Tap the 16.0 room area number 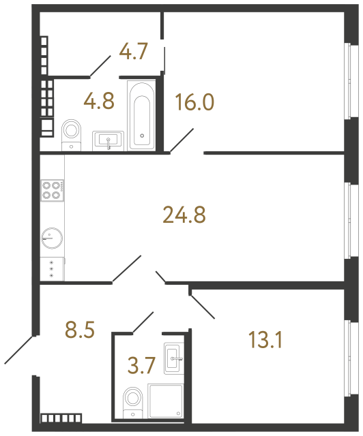coord(194,103)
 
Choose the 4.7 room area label coord(133,52)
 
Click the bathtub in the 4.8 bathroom coord(141,115)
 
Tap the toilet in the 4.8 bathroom coord(71,131)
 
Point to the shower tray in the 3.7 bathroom coord(166,401)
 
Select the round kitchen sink coord(51,238)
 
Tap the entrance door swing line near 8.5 coord(19,349)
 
